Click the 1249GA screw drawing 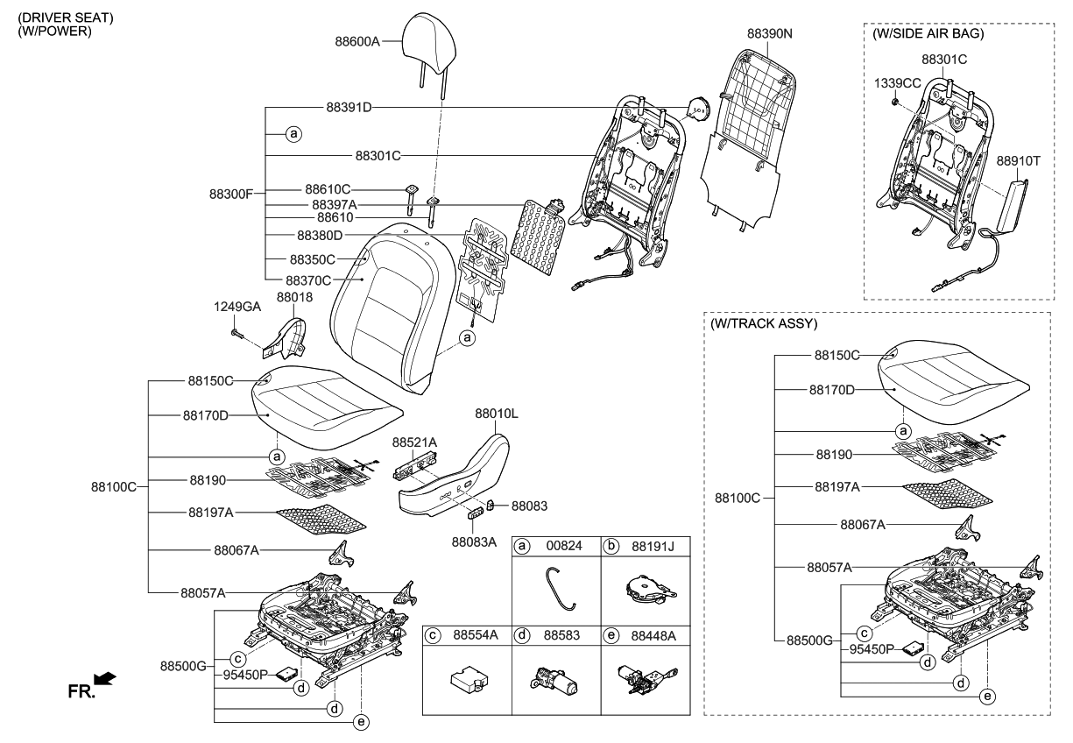[238, 333]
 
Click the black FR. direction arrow [104, 678]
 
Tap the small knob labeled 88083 [491, 505]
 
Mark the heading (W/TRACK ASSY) [764, 323]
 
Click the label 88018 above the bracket [294, 298]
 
